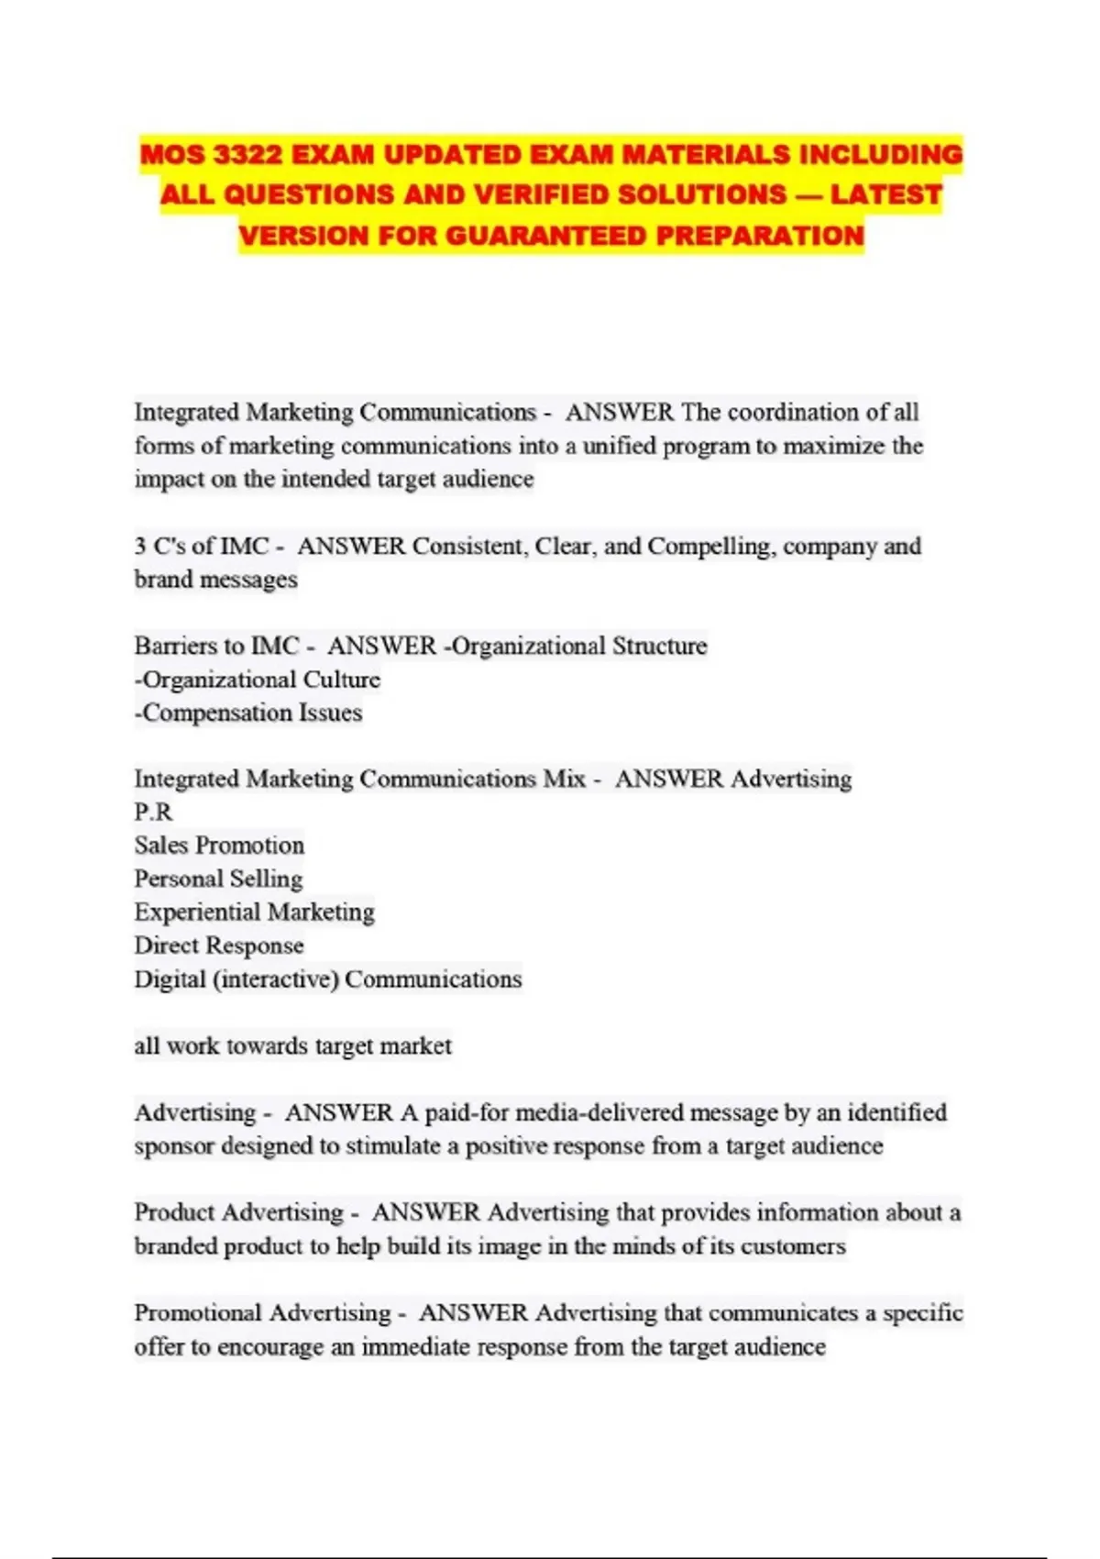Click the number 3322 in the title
click(247, 154)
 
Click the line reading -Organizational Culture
click(258, 680)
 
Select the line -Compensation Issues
click(248, 713)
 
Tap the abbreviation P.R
click(153, 813)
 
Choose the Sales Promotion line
click(219, 846)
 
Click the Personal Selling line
click(218, 879)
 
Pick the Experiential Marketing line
click(254, 912)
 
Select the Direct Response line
click(219, 945)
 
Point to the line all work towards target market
click(292, 1046)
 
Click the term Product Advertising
click(238, 1213)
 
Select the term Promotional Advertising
click(262, 1313)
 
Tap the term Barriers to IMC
click(216, 647)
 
